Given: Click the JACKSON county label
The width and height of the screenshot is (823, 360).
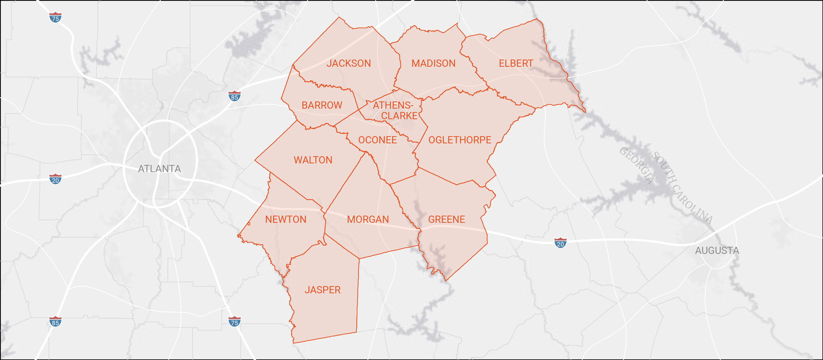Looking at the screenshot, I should pos(348,63).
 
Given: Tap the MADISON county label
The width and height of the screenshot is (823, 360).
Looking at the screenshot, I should pos(433,63).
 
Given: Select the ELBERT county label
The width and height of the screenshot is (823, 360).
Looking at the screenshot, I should pos(516,63).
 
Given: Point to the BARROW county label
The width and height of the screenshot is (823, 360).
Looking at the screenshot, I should pos(321,105).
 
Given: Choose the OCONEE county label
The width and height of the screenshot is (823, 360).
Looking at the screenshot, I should pos(377,140).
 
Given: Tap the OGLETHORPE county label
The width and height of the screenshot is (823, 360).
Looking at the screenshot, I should pos(460,140).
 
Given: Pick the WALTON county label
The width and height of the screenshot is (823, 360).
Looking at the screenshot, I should pos(313,160).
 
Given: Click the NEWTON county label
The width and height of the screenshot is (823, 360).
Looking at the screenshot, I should pos(285,219).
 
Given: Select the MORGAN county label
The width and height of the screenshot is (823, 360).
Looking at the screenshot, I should pos(368,219).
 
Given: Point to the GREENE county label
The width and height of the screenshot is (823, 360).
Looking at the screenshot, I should pos(446,219).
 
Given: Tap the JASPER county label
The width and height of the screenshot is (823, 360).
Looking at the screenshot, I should pos(322,290).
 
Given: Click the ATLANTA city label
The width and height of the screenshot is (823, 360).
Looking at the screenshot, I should pos(159,169).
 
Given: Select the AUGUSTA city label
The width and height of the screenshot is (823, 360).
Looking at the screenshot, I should pos(717,250).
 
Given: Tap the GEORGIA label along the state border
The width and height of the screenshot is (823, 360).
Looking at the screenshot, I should pos(637,165).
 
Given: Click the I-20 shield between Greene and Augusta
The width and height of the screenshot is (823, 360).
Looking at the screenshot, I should pos(560,243).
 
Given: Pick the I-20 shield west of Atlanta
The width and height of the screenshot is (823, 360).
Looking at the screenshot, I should pos(55,179).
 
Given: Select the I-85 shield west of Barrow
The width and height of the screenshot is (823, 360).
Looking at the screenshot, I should pos(234,96).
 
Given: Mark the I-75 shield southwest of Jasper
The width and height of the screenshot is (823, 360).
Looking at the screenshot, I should pos(234,321).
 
